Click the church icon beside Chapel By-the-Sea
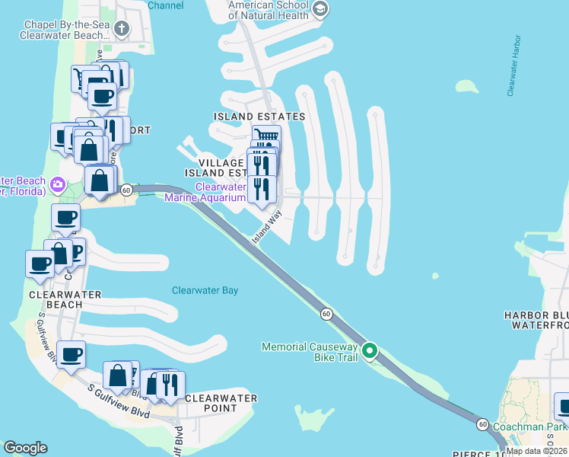tap(122, 29)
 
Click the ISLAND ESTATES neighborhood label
tap(259, 117)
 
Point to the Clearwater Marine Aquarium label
tap(221, 192)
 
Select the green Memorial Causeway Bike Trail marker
tap(370, 351)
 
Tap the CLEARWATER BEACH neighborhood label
tap(55, 299)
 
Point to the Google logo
tap(25, 448)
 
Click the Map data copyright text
tap(537, 451)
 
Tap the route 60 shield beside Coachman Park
tap(482, 423)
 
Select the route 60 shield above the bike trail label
tap(326, 313)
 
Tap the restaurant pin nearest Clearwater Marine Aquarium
tap(262, 188)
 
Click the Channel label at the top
tap(166, 5)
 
